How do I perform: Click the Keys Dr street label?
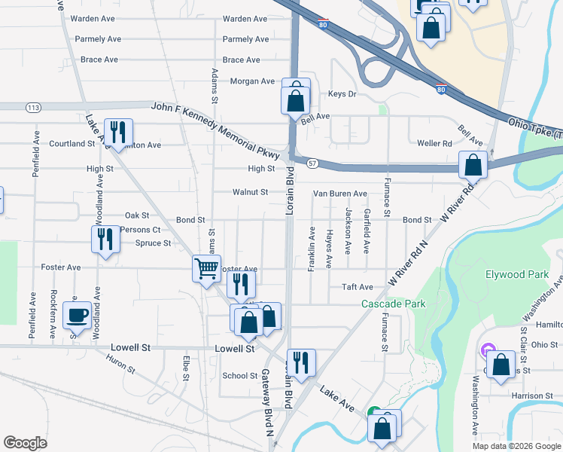pyautogui.click(x=342, y=94)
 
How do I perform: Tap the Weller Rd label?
pyautogui.click(x=434, y=143)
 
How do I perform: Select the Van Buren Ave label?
pyautogui.click(x=340, y=194)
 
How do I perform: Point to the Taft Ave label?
pyautogui.click(x=358, y=287)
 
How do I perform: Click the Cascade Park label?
pyautogui.click(x=393, y=304)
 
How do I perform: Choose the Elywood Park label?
pyautogui.click(x=517, y=275)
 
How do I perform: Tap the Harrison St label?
pyautogui.click(x=527, y=395)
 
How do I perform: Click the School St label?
pyautogui.click(x=240, y=376)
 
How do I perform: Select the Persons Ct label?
pyautogui.click(x=140, y=230)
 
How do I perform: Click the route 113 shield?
pyautogui.click(x=33, y=108)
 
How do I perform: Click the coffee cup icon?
pyautogui.click(x=78, y=315)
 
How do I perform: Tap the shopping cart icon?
pyautogui.click(x=206, y=267)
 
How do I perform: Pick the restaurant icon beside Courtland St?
pyautogui.click(x=117, y=132)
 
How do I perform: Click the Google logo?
pyautogui.click(x=26, y=443)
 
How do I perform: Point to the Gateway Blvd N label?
pyautogui.click(x=267, y=403)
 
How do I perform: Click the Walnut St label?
pyautogui.click(x=250, y=193)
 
